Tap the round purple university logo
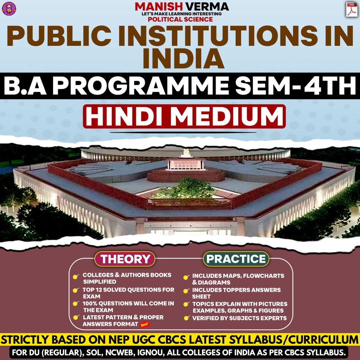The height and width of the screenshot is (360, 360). (9, 8)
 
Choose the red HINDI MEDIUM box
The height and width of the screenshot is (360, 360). (184, 116)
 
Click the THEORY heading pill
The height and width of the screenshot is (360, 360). (125, 259)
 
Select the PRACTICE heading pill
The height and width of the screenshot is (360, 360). (236, 259)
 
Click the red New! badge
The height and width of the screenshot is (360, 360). (144, 324)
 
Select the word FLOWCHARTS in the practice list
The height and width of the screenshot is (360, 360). (265, 276)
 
